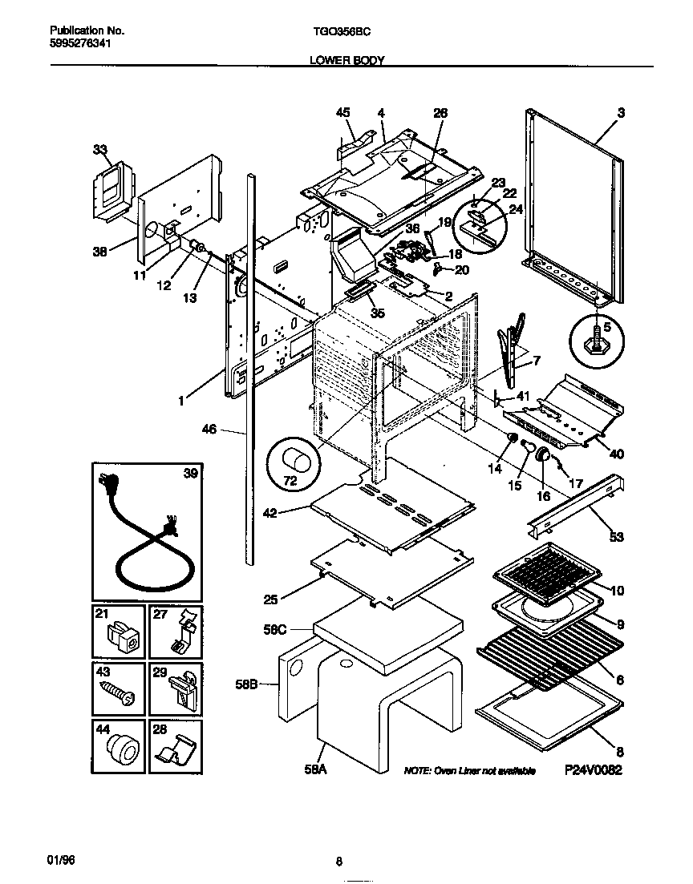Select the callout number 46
coord(209,430)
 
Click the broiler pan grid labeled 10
coord(545,571)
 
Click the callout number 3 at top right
coord(621,113)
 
